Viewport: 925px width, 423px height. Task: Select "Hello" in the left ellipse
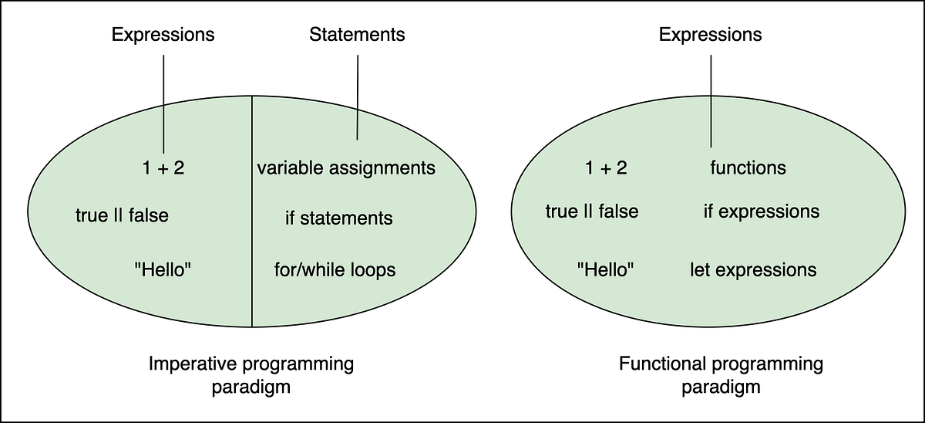[163, 270]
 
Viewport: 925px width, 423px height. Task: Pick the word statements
[347, 218]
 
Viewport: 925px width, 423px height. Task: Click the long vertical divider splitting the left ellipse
[253, 232]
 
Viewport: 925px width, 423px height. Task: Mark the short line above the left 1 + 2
[163, 129]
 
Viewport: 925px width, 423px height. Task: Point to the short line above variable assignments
[357, 125]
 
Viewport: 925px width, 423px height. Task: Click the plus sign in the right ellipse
[606, 168]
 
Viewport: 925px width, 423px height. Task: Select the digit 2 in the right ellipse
[621, 168]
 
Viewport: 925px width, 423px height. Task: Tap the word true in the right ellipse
[561, 211]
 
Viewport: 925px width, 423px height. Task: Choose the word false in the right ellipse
[617, 211]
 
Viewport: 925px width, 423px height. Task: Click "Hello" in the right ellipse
[605, 270]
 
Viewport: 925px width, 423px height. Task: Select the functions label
[748, 168]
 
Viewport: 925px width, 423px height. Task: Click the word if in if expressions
[709, 211]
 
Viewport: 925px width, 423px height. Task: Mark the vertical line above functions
[711, 122]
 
